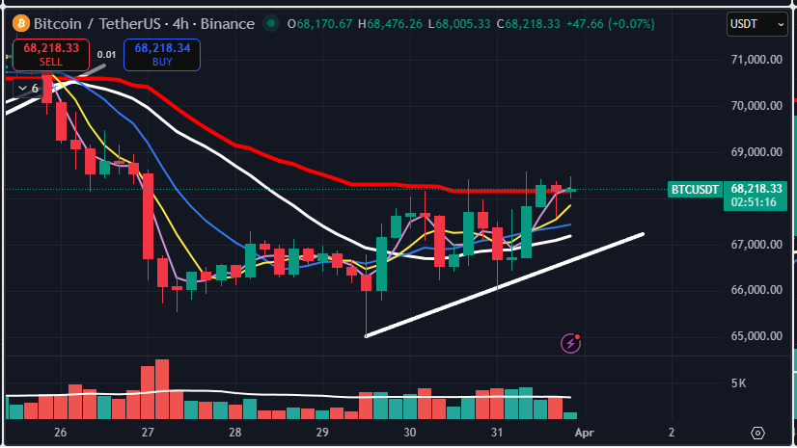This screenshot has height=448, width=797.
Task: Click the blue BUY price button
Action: (162, 54)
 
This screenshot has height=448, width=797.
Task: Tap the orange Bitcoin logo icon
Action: (17, 23)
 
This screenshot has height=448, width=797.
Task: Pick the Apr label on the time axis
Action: (585, 433)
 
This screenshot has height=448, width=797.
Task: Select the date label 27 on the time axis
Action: (148, 433)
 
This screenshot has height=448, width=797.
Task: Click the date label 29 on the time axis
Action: (323, 433)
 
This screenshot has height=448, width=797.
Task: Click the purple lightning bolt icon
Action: (571, 342)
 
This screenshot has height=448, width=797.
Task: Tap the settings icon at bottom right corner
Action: (758, 433)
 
